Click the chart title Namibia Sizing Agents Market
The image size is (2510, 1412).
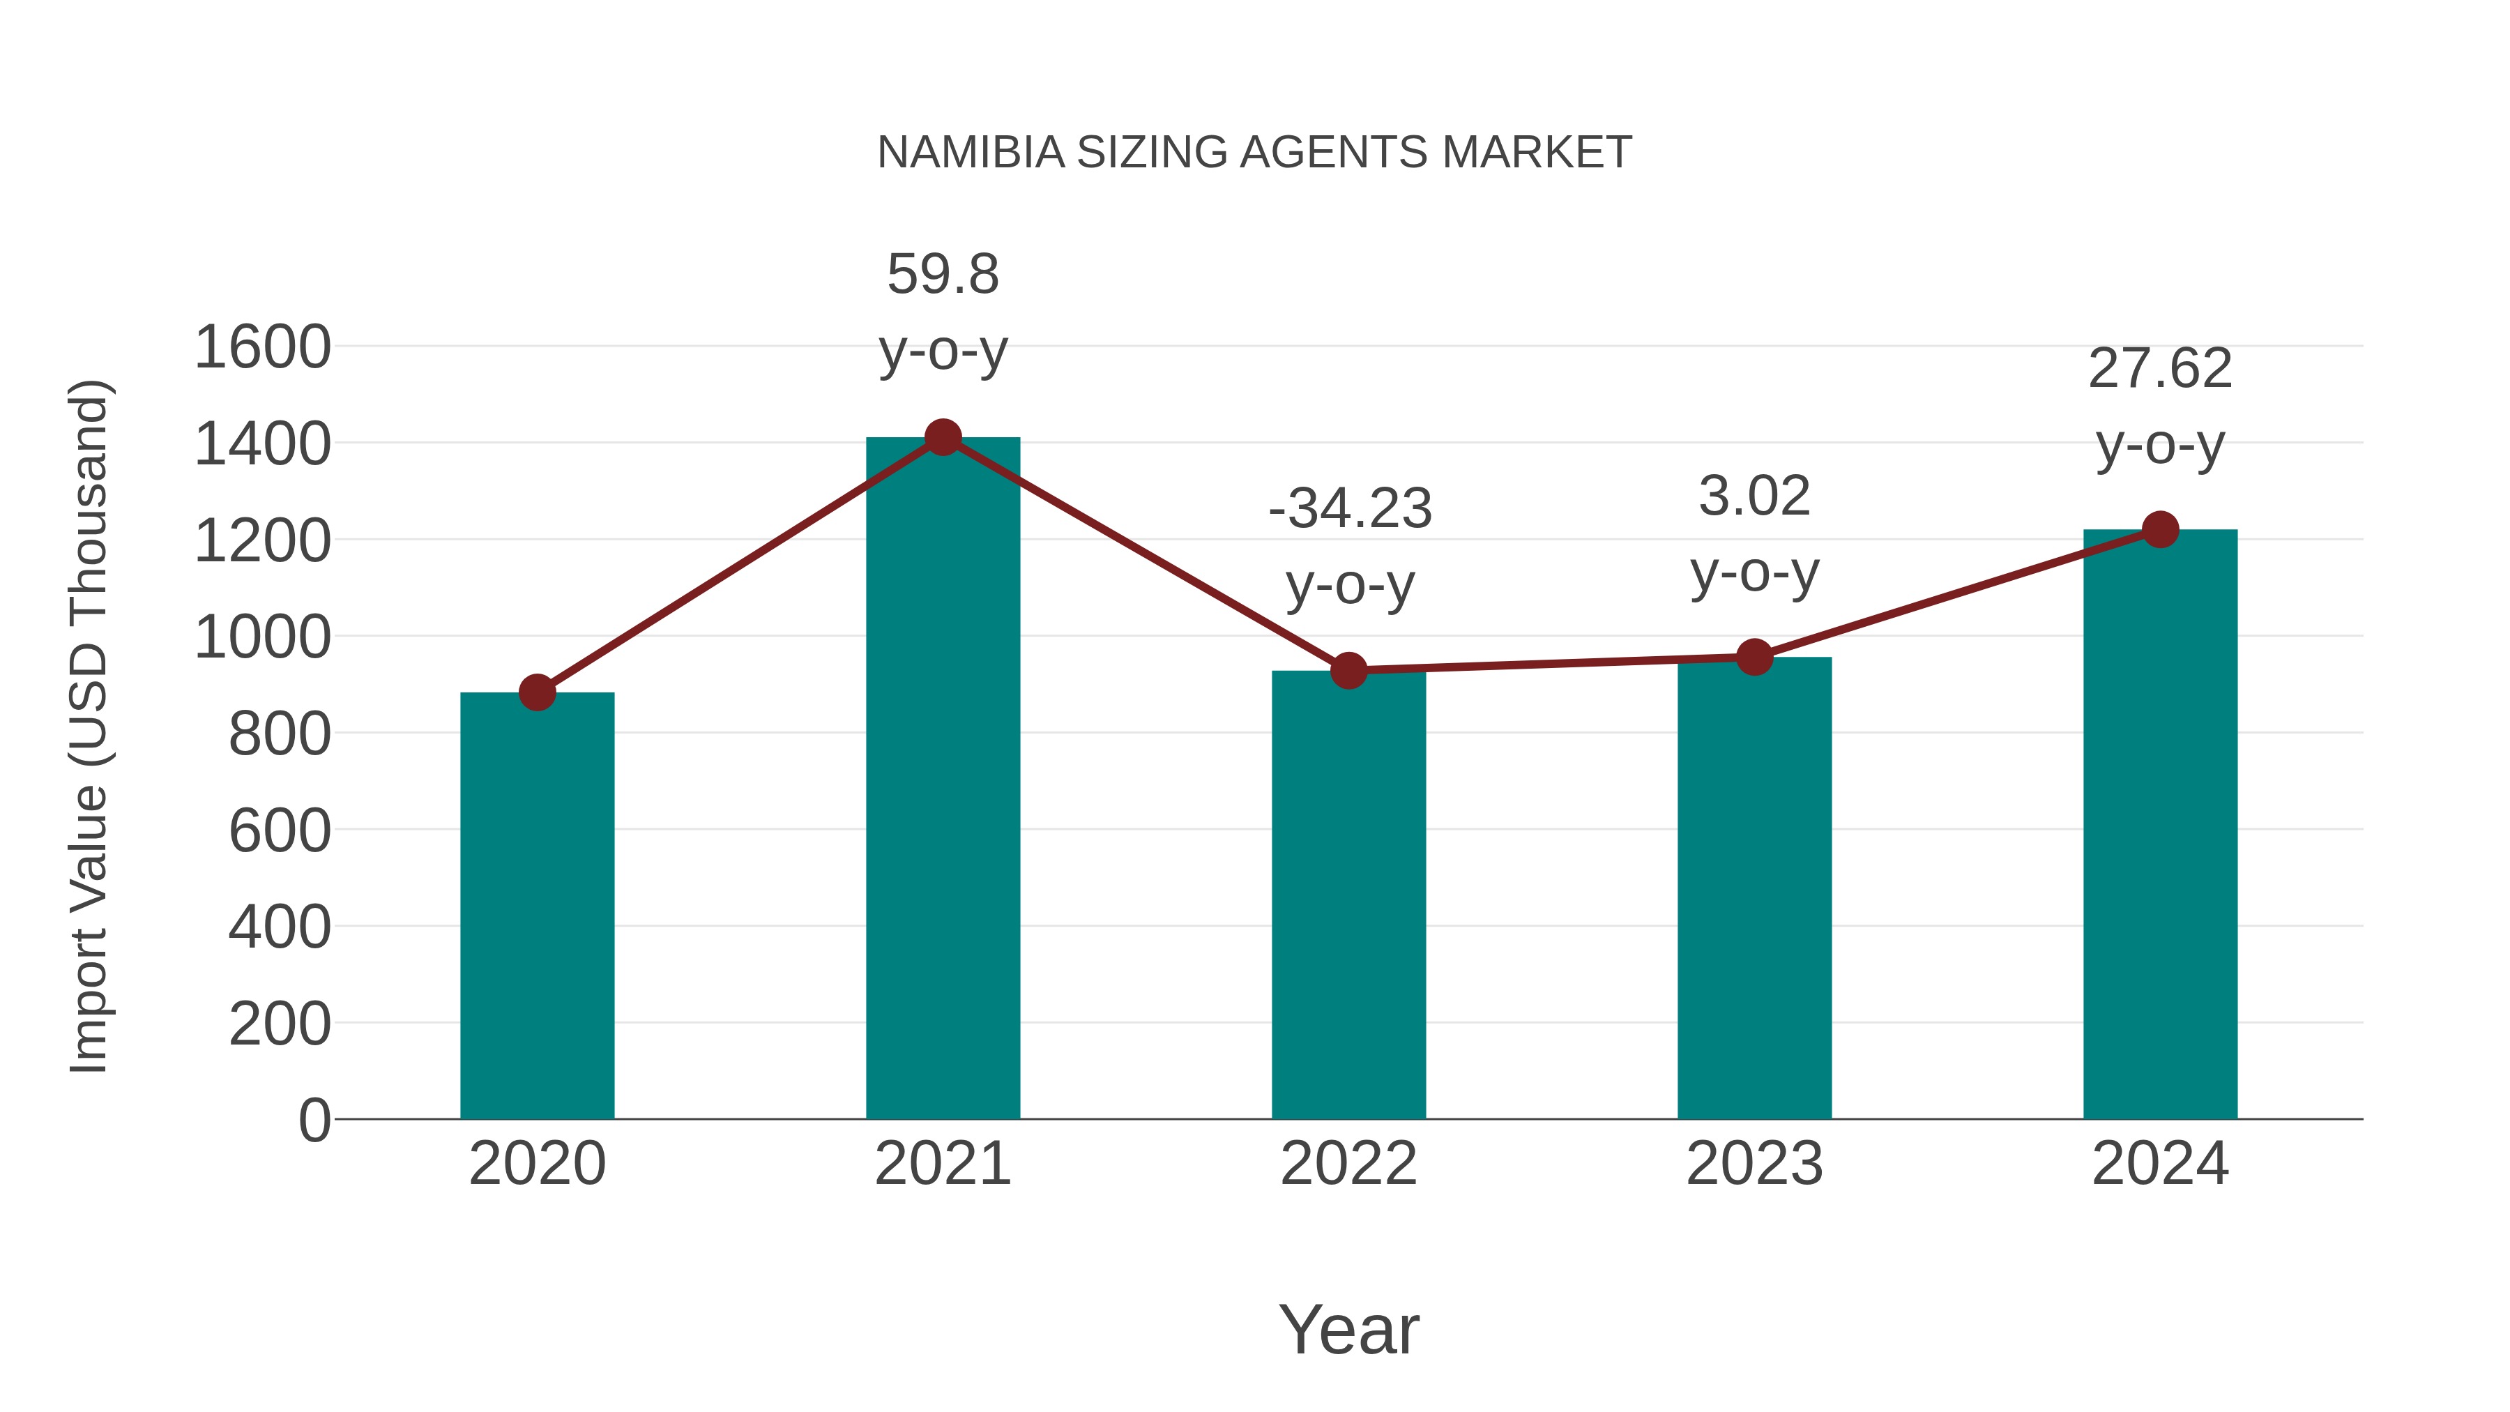click(x=1254, y=153)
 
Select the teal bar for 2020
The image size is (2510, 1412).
click(x=537, y=906)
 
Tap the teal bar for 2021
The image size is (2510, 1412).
click(x=942, y=780)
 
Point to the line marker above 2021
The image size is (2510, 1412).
click(x=942, y=437)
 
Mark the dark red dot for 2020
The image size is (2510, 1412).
click(x=537, y=693)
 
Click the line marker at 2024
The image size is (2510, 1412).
click(x=2160, y=530)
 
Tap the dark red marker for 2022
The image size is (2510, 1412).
click(x=1348, y=670)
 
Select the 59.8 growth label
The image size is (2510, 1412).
click(x=942, y=275)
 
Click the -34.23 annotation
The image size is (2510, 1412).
click(x=1350, y=509)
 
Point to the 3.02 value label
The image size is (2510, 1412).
click(x=1754, y=497)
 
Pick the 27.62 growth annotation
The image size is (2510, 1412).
click(x=2160, y=370)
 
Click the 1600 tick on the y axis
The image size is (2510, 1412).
click(x=263, y=348)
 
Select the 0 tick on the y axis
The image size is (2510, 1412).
click(x=314, y=1121)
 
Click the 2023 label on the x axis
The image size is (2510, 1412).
click(x=1754, y=1164)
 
